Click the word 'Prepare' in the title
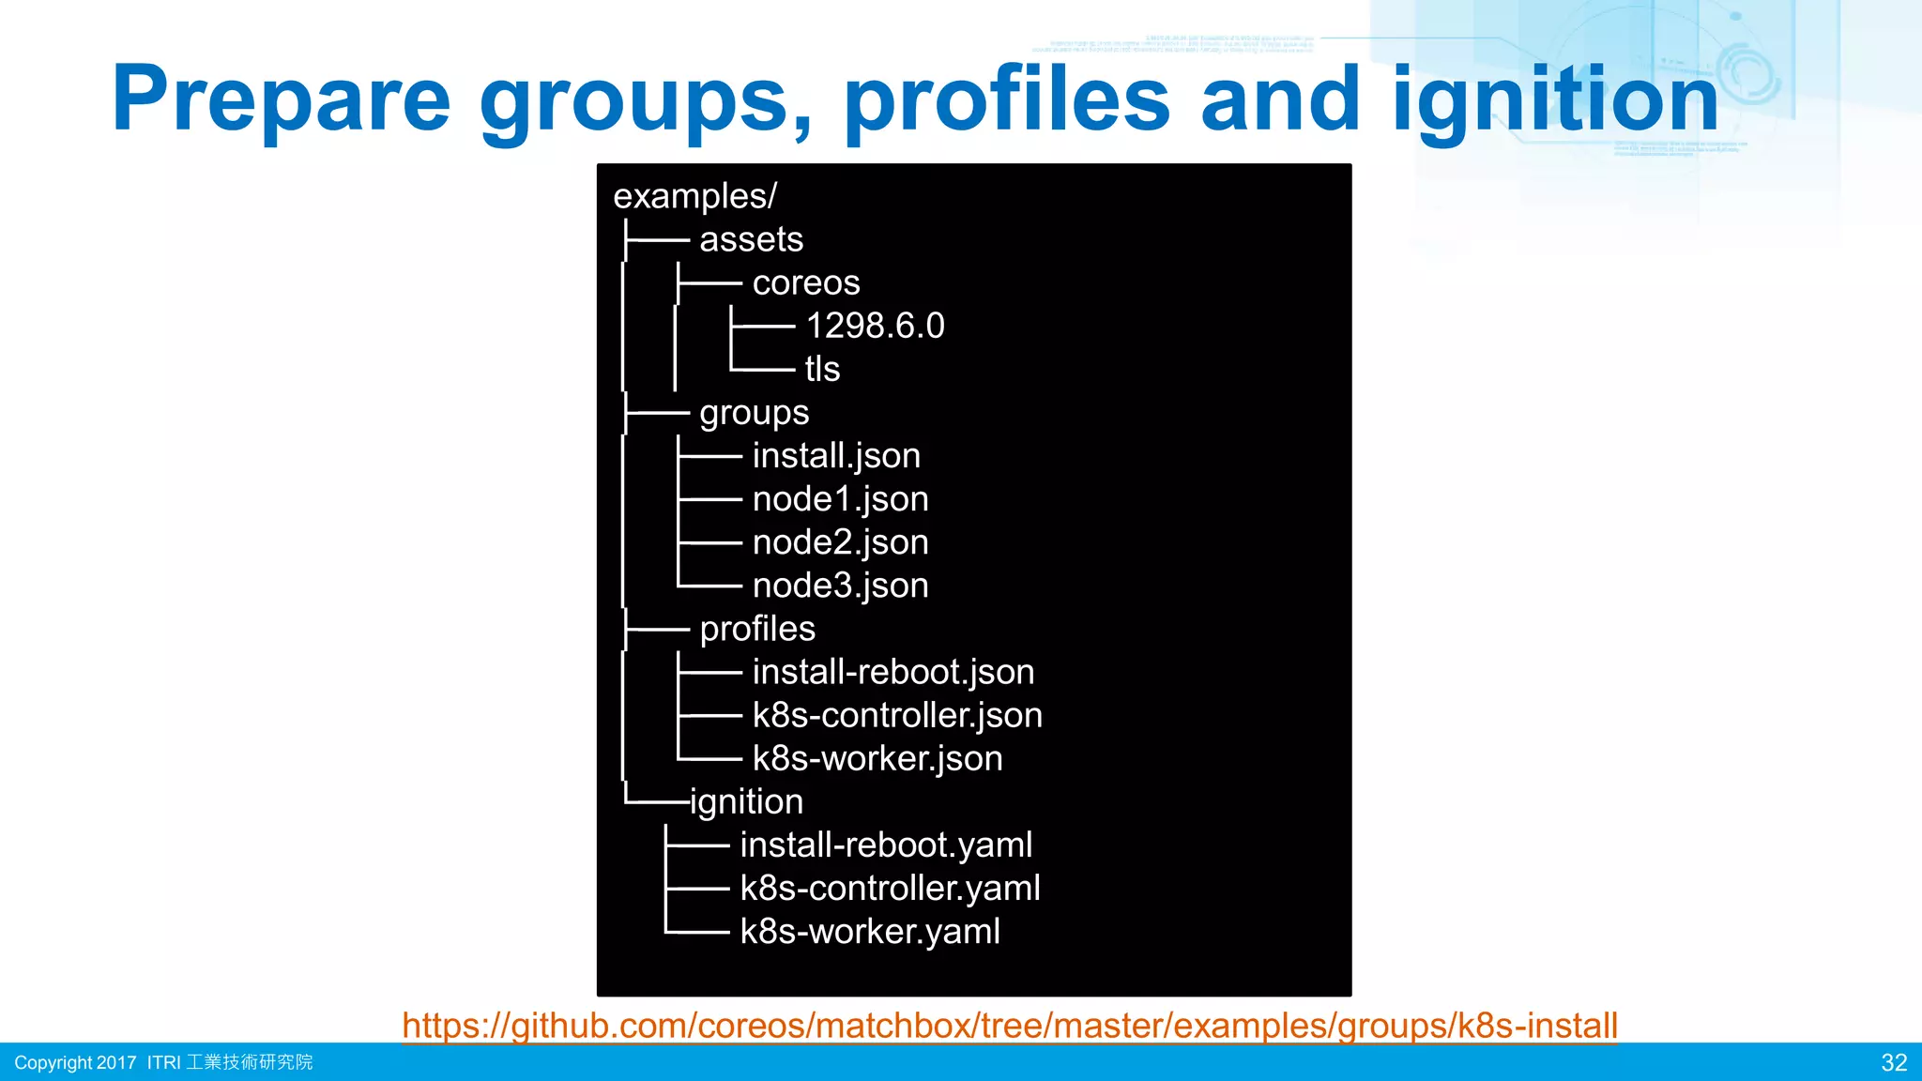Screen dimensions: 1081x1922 click(x=282, y=99)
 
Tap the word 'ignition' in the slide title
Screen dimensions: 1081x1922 click(x=1555, y=99)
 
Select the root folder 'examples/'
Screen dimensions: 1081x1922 click(x=694, y=196)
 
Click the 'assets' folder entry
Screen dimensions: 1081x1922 click(x=751, y=239)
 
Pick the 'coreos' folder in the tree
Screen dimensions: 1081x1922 click(x=805, y=282)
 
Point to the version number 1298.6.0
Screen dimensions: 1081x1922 click(x=875, y=326)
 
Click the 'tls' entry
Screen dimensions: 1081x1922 click(x=822, y=369)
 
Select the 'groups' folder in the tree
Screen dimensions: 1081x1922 click(x=754, y=413)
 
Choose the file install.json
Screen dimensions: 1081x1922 click(x=836, y=456)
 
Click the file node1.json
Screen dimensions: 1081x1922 click(x=840, y=499)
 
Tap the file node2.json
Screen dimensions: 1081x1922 click(x=840, y=542)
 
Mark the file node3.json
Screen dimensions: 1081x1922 click(x=840, y=586)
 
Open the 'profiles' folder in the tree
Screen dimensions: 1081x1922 click(x=757, y=629)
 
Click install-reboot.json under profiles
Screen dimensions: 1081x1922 click(x=892, y=672)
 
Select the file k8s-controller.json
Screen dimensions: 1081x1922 click(x=897, y=715)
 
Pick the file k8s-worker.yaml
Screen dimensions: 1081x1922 click(x=869, y=932)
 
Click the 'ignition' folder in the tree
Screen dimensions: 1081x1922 click(x=747, y=802)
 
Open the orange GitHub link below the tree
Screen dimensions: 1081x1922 click(x=1010, y=1026)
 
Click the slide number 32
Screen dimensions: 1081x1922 click(x=1894, y=1062)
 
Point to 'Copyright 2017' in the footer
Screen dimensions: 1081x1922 click(x=75, y=1062)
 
